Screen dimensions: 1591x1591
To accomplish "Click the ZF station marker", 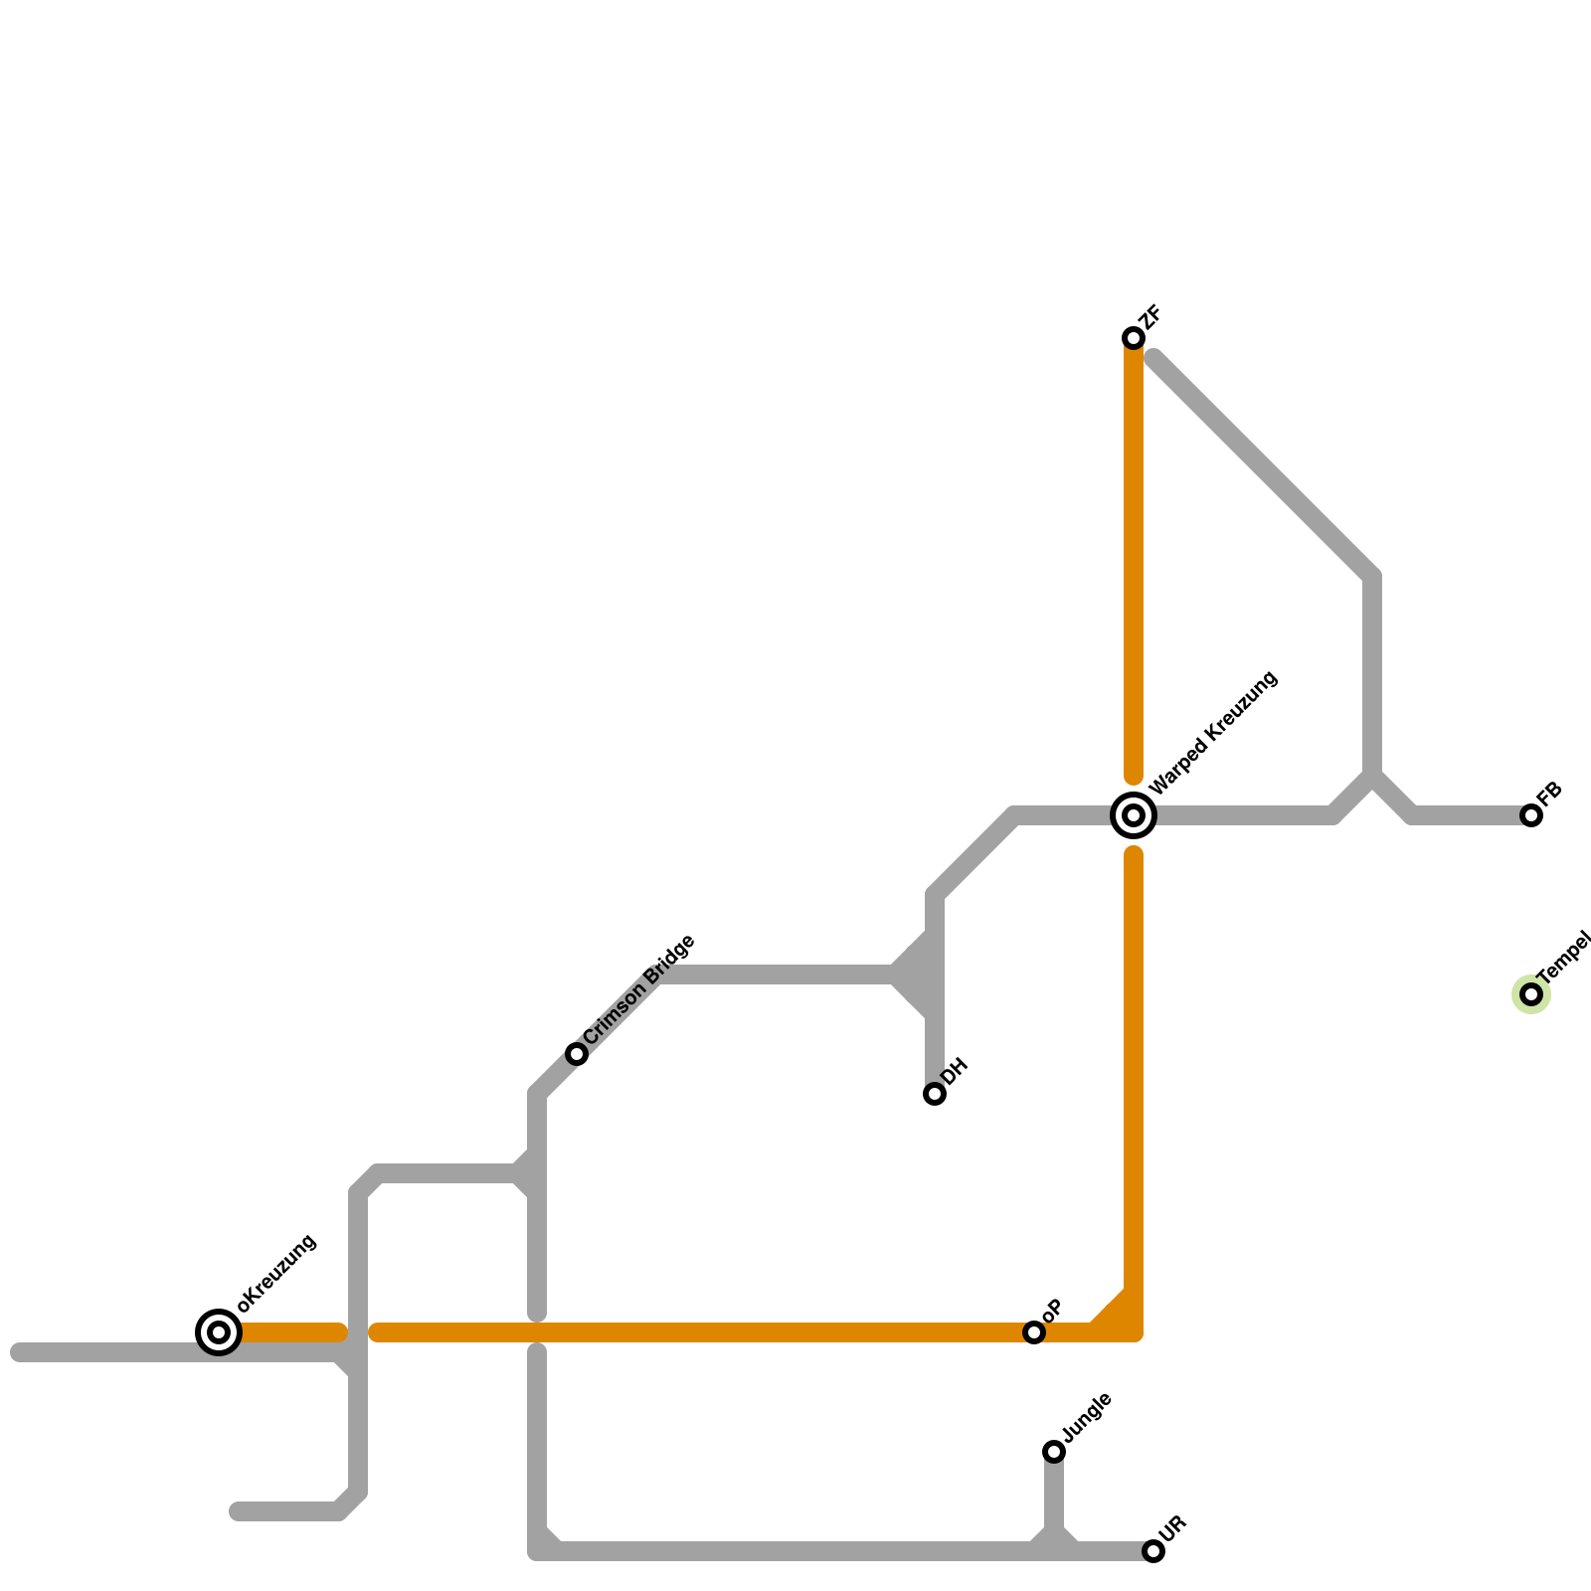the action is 1133,338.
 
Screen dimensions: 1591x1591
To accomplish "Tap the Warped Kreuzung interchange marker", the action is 1133,815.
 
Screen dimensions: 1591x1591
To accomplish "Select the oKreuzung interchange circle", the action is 219,1331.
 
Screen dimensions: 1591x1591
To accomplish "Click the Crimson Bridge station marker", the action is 577,1054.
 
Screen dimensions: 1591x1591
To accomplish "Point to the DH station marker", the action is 934,1094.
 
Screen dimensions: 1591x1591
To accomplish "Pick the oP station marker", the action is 1034,1331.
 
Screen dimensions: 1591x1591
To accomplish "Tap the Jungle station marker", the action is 1054,1452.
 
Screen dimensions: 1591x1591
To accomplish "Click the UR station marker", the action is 1152,1551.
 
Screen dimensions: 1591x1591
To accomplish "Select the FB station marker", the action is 1531,815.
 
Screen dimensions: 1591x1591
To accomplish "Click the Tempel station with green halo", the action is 1531,993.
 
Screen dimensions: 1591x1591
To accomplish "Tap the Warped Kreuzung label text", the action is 1213,735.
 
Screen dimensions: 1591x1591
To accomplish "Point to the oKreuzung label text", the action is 277,1273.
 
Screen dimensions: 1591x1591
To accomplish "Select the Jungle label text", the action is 1087,1417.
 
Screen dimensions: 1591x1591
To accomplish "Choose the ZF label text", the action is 1151,317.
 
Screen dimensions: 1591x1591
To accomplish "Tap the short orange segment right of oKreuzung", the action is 293,1332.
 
